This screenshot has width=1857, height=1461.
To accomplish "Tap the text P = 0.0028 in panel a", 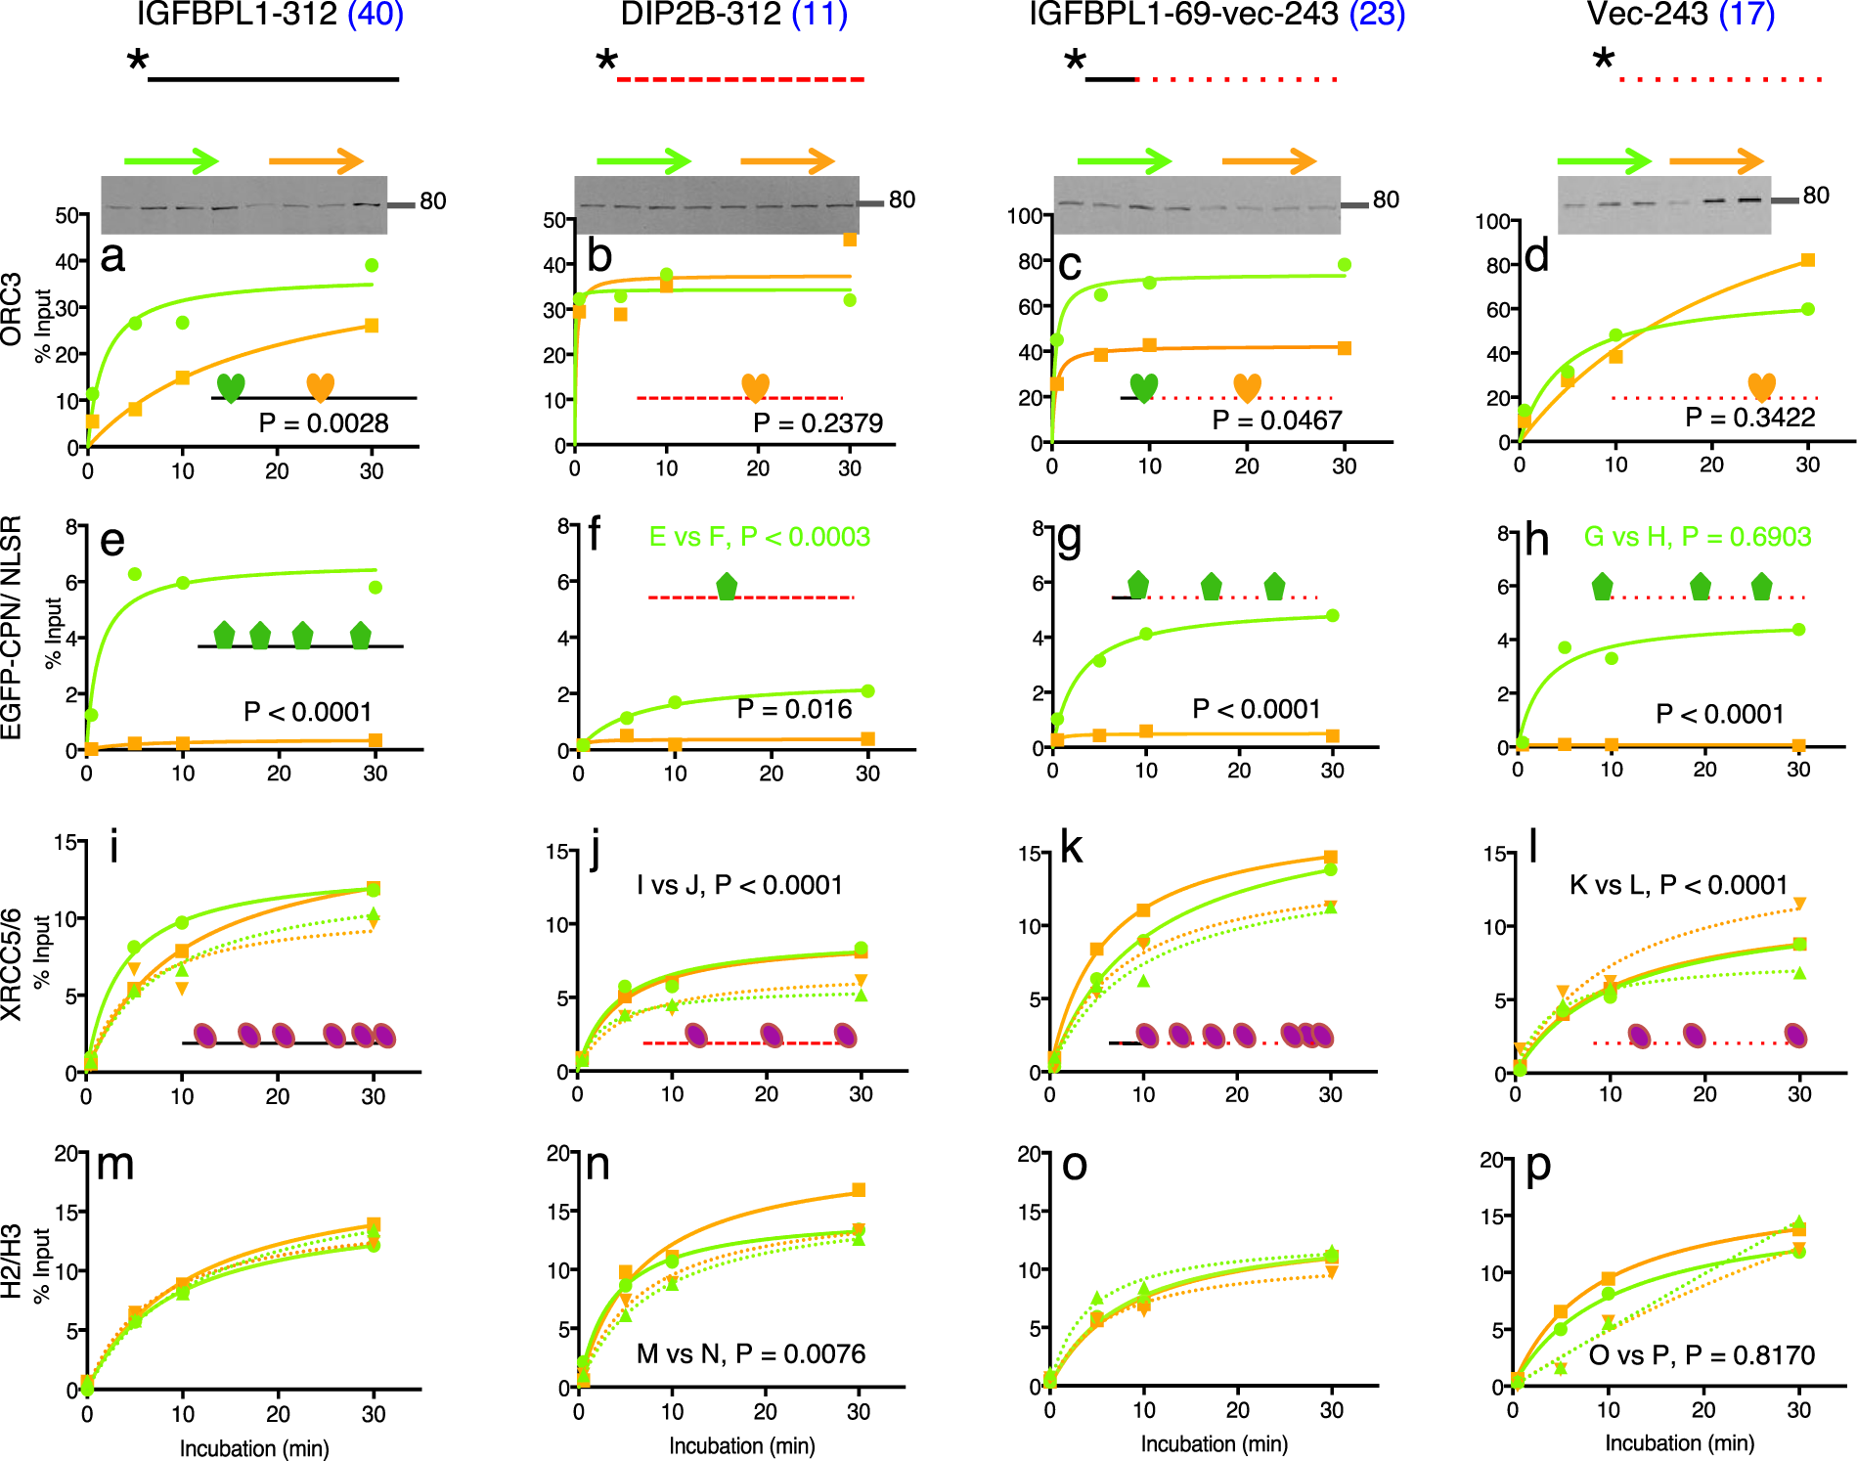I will coord(323,422).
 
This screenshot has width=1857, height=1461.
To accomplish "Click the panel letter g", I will coord(1069,536).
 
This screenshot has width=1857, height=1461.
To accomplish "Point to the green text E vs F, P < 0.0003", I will coord(759,536).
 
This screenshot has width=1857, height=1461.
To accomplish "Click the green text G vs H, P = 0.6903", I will coord(1697,536).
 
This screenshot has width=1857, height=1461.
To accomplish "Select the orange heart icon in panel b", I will coord(755,387).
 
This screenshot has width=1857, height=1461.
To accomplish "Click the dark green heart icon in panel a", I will coord(231,387).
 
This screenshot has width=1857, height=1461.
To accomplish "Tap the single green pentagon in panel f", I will coord(727,586).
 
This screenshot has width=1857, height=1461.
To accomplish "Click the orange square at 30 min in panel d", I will coord(1807,260).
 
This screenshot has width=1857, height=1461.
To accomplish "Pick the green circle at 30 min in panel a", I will coord(372,265).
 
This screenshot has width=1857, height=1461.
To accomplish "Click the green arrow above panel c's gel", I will coord(1124,160).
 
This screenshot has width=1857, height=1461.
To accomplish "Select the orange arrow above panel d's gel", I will coord(1715,160).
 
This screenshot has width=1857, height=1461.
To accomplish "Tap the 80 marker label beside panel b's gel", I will coord(902,199).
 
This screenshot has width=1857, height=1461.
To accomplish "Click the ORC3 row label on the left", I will coord(12,308).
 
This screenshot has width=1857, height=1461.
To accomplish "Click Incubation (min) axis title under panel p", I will coord(1679,1442).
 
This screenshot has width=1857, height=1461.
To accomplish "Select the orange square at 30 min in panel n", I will coord(859,1190).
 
